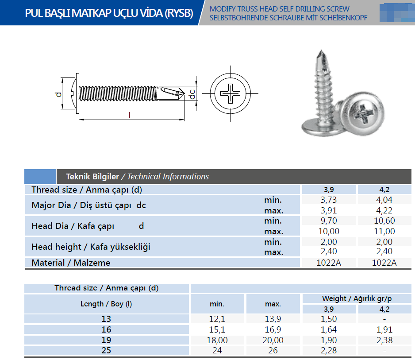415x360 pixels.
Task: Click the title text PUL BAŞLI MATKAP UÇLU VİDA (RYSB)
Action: [x=109, y=13]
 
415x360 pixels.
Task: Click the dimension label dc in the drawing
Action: [x=192, y=94]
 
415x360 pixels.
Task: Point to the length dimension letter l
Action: [x=130, y=115]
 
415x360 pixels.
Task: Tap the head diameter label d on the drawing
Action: [x=58, y=94]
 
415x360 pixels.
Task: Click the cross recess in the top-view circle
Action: [x=230, y=93]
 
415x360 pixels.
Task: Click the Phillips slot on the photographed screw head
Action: [x=364, y=114]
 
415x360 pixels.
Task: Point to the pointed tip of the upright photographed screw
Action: [x=321, y=50]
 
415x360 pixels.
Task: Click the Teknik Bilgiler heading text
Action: [x=92, y=176]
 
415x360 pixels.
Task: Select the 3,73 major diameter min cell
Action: [x=329, y=200]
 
